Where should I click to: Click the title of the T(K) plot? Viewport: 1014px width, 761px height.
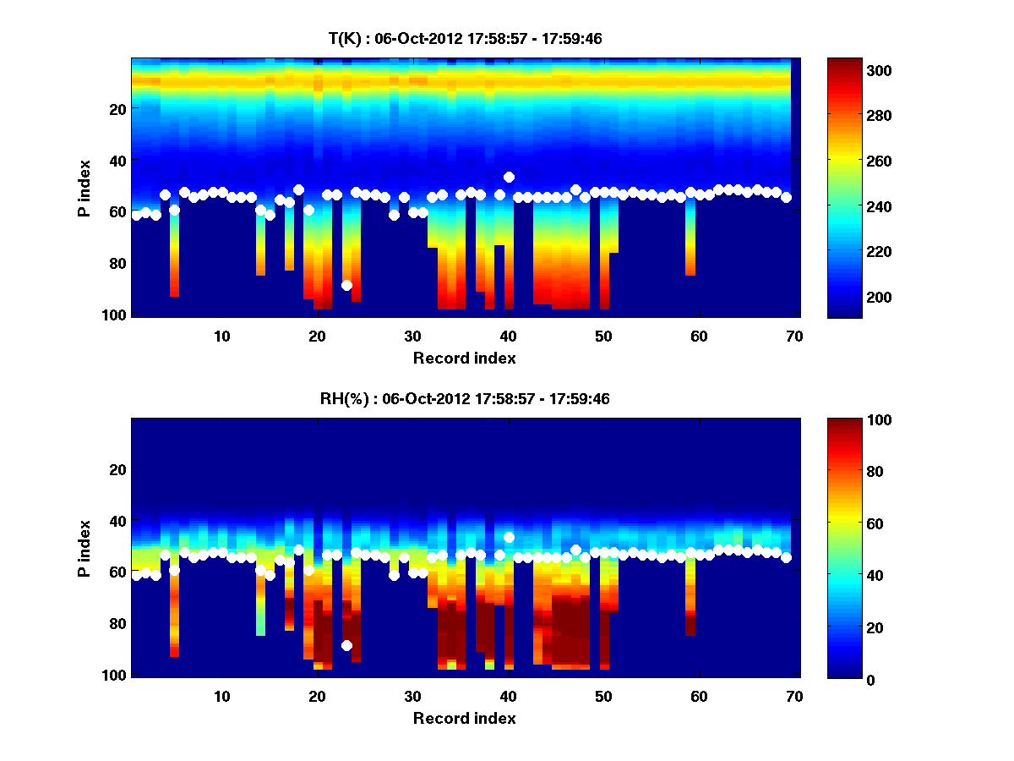click(x=465, y=38)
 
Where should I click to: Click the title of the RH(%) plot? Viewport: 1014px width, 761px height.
click(x=465, y=398)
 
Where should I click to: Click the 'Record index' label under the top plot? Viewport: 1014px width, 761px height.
click(x=465, y=358)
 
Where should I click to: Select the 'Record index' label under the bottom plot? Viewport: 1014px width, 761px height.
click(x=465, y=718)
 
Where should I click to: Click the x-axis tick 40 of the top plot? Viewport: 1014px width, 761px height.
click(x=508, y=336)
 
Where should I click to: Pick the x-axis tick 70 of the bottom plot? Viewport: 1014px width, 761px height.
click(x=794, y=696)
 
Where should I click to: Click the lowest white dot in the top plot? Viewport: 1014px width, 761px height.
click(x=346, y=285)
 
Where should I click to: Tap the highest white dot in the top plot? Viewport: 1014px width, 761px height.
click(x=509, y=177)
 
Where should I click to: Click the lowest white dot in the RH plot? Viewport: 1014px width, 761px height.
click(x=346, y=645)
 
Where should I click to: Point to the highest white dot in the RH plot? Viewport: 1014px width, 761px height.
click(x=509, y=537)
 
